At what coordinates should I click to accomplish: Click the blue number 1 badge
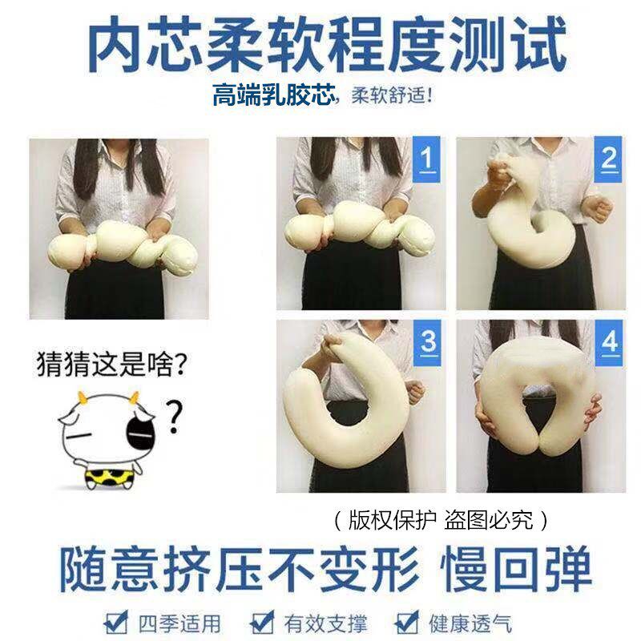pyautogui.click(x=427, y=158)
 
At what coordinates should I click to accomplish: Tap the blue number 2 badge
pyautogui.click(x=610, y=158)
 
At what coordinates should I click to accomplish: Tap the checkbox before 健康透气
pyautogui.click(x=408, y=622)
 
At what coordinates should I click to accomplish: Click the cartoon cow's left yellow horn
pyautogui.click(x=82, y=397)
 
